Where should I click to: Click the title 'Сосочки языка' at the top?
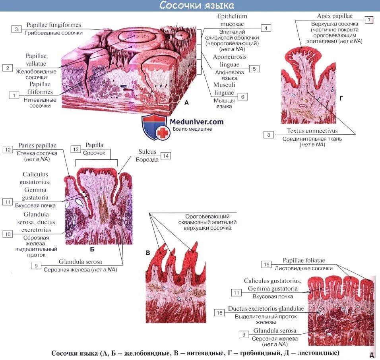click(x=197, y=6)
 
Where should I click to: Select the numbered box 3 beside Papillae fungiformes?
click(x=17, y=29)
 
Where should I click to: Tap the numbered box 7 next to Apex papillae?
click(x=369, y=20)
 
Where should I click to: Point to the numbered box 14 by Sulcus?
click(x=165, y=156)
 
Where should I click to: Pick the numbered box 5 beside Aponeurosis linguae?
click(x=254, y=69)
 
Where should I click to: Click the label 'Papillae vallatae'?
click(x=36, y=60)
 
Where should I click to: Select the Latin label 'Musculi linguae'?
click(x=225, y=88)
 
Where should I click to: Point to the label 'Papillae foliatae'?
click(x=304, y=261)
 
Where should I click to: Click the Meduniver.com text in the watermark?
click(x=197, y=122)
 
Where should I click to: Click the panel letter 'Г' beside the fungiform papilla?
click(x=341, y=97)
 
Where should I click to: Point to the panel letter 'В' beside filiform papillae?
click(x=148, y=253)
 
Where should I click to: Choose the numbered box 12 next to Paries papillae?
click(x=8, y=149)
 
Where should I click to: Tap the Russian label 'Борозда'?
click(x=147, y=160)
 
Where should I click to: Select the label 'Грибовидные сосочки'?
click(x=54, y=33)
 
